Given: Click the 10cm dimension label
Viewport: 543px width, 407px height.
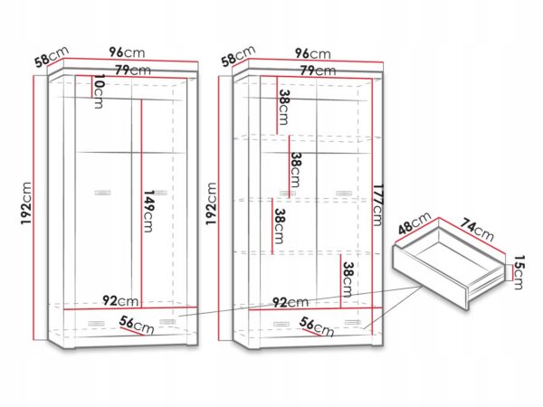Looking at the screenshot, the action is (99, 91).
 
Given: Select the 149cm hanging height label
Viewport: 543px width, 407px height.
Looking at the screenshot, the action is (148, 211).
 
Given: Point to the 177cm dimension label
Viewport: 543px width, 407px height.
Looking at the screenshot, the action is (377, 205).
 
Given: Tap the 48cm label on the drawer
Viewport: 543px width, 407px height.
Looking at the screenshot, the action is (414, 222).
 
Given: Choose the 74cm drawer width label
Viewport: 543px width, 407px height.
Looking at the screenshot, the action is (477, 230).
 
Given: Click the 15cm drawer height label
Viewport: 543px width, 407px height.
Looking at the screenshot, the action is (519, 272).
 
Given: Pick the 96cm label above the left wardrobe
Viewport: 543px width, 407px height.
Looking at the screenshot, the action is (127, 52).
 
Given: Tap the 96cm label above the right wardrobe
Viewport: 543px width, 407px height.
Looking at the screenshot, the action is (313, 53).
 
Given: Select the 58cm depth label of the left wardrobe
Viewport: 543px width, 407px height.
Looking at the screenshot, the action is (52, 56).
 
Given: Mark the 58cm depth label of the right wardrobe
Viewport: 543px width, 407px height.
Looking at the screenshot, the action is (239, 56).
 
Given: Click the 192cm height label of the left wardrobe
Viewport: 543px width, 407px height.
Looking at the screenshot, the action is (26, 203).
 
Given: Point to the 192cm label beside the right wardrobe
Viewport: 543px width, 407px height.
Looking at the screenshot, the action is (211, 203).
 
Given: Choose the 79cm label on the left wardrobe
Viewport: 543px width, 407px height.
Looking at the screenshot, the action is (133, 70).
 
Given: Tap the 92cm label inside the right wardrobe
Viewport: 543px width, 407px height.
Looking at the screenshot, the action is (291, 302).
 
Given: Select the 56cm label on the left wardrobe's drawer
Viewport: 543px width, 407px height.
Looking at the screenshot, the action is (137, 326).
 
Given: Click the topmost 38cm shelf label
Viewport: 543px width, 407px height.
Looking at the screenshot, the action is (284, 107).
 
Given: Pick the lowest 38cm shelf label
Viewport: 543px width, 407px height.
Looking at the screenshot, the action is (348, 279).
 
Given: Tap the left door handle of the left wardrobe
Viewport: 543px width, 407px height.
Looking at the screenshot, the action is (102, 193).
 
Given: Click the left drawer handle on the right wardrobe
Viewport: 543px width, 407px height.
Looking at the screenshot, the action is (281, 325).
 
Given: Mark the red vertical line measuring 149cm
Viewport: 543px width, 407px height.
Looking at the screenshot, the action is (141, 203).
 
